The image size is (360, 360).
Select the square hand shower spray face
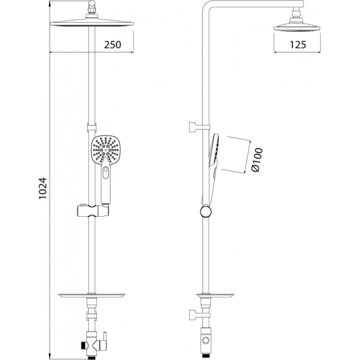coord(105,151)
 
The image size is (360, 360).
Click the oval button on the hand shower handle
coord(106,173)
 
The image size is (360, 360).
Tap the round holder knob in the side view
coord(206,211)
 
